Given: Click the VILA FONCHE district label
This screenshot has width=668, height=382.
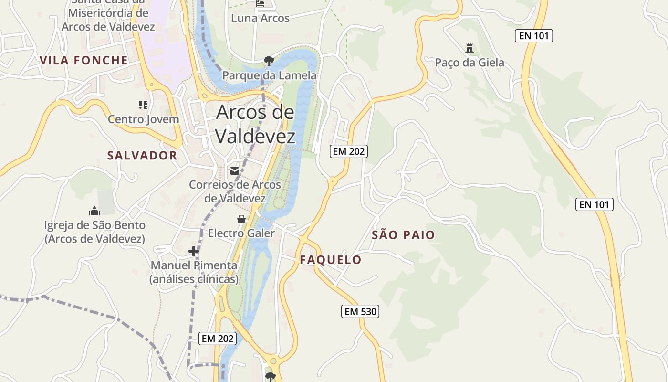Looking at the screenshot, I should pyautogui.click(x=84, y=60).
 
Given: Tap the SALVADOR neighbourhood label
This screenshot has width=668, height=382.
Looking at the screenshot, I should pyautogui.click(x=142, y=155).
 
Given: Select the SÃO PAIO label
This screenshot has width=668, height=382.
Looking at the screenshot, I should pyautogui.click(x=403, y=234).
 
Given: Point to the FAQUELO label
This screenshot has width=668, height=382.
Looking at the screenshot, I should pyautogui.click(x=331, y=260).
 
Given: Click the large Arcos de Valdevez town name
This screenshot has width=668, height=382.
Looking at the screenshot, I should pyautogui.click(x=255, y=124).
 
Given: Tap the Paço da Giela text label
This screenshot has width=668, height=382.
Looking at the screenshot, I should pyautogui.click(x=470, y=63).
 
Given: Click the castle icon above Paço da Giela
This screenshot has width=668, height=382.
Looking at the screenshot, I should pyautogui.click(x=470, y=48).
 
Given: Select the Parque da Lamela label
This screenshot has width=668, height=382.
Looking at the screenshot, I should pyautogui.click(x=269, y=75).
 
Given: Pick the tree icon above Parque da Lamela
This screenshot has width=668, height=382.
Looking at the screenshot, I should pyautogui.click(x=269, y=61).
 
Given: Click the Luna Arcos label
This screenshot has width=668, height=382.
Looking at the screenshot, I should pyautogui.click(x=260, y=18).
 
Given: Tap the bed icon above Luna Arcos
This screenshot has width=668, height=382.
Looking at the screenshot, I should pyautogui.click(x=260, y=4).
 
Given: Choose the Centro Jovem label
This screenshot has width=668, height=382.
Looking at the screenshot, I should pyautogui.click(x=143, y=119).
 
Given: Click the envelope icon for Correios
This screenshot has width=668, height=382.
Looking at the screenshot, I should pyautogui.click(x=235, y=170).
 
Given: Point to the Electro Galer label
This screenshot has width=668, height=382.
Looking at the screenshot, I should pyautogui.click(x=241, y=233).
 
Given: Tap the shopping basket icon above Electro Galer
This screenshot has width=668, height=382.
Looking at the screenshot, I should pyautogui.click(x=241, y=219).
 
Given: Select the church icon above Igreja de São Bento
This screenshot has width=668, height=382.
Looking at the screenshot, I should pyautogui.click(x=94, y=211).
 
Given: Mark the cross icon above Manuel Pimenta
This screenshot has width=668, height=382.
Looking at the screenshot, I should pyautogui.click(x=194, y=251).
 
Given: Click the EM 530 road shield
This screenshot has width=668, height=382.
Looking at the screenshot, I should pyautogui.click(x=360, y=312).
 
